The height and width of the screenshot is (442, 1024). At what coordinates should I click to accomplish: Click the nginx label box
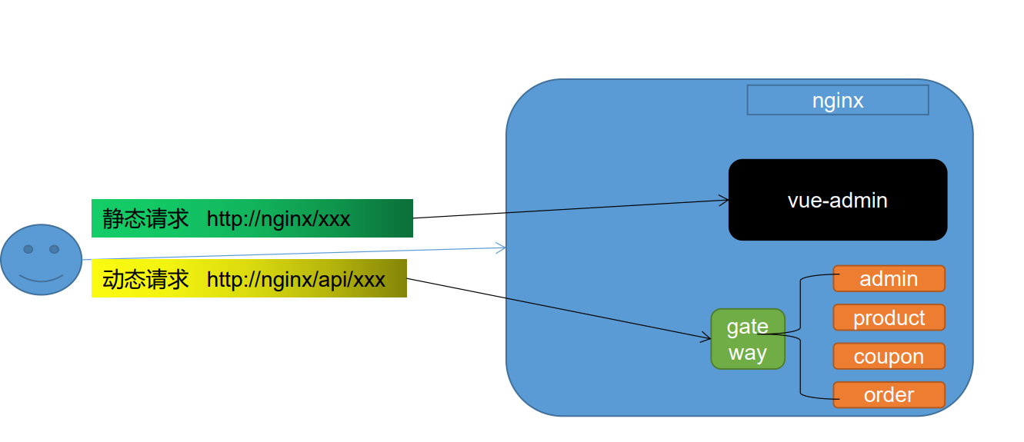(x=838, y=100)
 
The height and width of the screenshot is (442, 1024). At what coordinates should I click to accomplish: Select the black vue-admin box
(x=838, y=200)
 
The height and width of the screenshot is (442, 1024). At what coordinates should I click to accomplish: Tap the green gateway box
(x=748, y=339)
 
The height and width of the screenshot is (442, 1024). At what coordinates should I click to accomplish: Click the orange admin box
(x=889, y=278)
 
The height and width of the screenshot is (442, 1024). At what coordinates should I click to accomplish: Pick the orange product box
(x=889, y=317)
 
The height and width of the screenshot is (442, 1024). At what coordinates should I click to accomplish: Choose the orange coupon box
(x=889, y=356)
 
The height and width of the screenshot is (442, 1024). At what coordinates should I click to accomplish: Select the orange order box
(x=889, y=394)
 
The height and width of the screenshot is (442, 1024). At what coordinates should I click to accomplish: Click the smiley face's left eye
(x=28, y=249)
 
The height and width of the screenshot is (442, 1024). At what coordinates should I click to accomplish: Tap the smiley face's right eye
(x=55, y=249)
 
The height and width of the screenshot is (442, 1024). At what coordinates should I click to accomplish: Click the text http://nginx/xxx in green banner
(x=279, y=219)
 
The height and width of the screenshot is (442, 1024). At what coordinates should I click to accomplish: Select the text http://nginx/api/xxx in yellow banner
(x=295, y=280)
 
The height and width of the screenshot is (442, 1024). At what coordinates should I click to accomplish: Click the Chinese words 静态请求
(x=145, y=218)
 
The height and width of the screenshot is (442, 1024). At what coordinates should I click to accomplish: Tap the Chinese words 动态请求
(x=145, y=279)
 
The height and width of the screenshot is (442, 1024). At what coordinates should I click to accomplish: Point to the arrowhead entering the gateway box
(x=706, y=337)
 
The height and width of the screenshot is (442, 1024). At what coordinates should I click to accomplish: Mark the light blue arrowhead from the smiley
(x=502, y=248)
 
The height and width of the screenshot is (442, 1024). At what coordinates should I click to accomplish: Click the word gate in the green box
(x=748, y=327)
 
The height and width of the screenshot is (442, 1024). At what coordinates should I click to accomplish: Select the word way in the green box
(x=748, y=353)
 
